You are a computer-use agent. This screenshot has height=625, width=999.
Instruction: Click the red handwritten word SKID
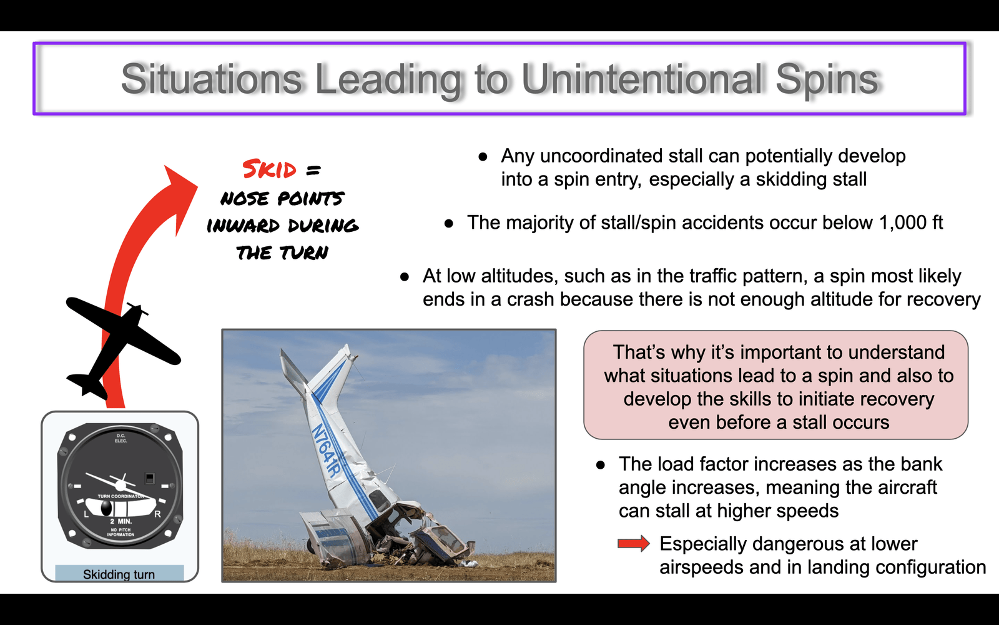269,169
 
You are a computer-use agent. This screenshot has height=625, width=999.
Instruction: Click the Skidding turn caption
119,574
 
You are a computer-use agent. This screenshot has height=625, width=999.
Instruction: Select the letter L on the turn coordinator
87,514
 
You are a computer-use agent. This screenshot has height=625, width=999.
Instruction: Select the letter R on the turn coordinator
157,514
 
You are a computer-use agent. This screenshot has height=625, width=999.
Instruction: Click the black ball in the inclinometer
106,508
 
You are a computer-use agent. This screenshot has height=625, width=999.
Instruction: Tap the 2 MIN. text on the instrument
121,521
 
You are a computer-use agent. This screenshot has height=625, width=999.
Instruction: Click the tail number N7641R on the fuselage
327,451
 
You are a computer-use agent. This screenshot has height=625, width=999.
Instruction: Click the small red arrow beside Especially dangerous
634,543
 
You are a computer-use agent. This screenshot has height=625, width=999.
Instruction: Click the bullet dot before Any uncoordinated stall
483,157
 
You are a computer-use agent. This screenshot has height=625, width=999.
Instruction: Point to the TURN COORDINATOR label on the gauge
121,496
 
